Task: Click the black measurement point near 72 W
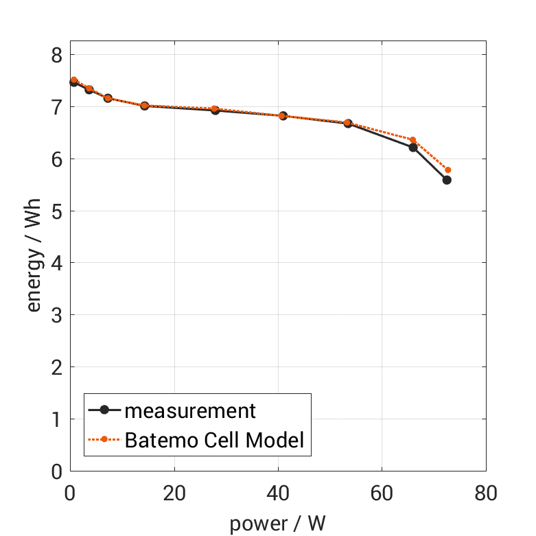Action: tap(447, 180)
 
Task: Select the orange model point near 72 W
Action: tap(448, 170)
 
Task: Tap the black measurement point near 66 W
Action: tap(413, 147)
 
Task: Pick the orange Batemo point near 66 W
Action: tap(412, 140)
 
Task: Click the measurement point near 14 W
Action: tap(145, 106)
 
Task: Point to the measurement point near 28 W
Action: tap(215, 110)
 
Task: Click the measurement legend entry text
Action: tap(190, 411)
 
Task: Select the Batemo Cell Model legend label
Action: tap(214, 439)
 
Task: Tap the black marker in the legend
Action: tap(105, 410)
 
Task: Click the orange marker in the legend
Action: tap(105, 439)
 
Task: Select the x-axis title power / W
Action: tap(277, 524)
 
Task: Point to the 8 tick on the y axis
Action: tap(58, 55)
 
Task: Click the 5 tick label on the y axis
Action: tap(58, 211)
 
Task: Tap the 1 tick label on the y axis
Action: tap(58, 419)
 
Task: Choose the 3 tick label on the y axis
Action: tap(58, 315)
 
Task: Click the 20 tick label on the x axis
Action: tap(174, 493)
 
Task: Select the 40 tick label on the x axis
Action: tap(278, 493)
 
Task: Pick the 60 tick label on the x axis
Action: tap(382, 493)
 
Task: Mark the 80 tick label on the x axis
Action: tap(485, 493)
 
